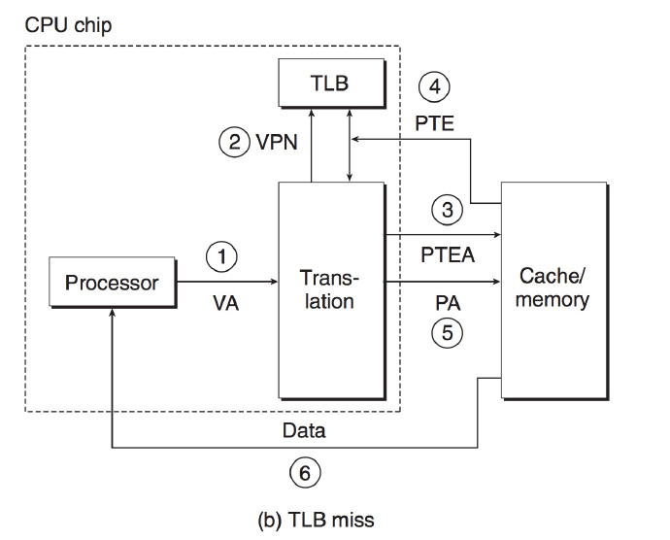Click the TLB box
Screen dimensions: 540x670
(329, 84)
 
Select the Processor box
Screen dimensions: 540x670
(112, 283)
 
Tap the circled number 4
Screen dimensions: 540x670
(434, 87)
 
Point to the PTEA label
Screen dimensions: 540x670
(447, 256)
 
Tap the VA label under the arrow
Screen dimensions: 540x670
(225, 304)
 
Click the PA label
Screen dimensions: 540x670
(448, 303)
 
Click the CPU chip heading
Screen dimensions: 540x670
(67, 24)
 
